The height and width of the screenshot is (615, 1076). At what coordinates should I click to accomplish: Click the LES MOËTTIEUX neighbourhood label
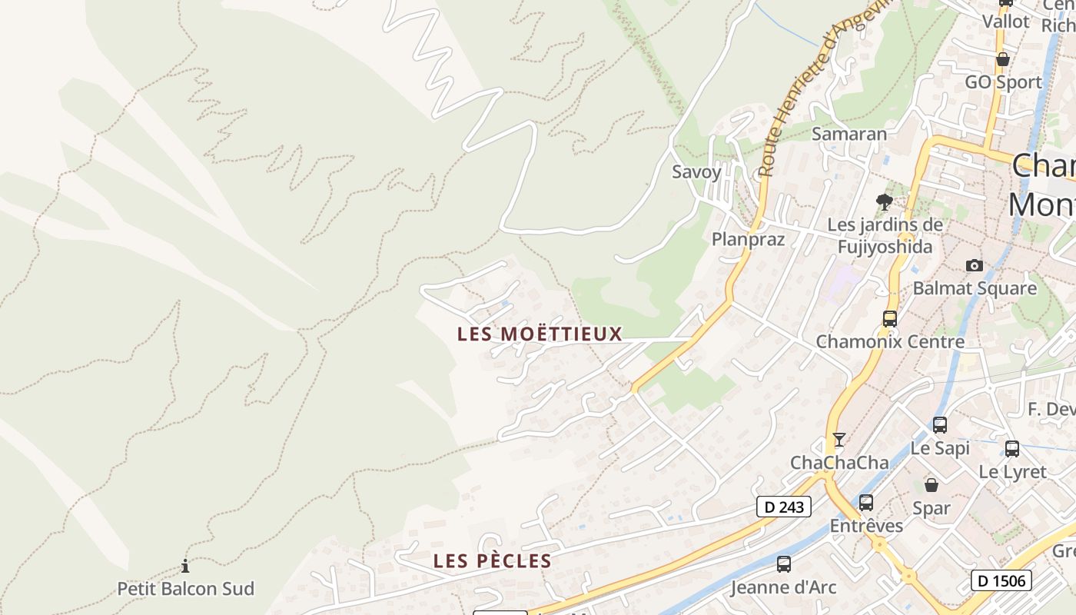[540, 334]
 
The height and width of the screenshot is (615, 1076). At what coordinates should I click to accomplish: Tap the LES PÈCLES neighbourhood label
[493, 561]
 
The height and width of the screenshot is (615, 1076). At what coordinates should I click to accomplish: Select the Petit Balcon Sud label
[185, 589]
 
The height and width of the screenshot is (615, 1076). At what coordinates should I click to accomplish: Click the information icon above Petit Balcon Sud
[185, 567]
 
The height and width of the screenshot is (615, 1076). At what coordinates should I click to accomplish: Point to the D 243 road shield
[784, 507]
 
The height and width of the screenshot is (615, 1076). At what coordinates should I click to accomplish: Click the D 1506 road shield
[1001, 580]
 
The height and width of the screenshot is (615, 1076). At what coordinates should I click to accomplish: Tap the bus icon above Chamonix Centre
[890, 318]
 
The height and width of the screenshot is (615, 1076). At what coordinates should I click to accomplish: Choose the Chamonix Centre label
[890, 341]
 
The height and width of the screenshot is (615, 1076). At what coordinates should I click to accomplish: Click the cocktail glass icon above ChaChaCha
[839, 440]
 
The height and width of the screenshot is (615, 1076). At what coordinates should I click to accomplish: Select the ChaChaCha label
[839, 463]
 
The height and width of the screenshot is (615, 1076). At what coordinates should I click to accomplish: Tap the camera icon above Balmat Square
[975, 266]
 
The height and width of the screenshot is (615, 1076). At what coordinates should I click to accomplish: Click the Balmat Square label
[975, 289]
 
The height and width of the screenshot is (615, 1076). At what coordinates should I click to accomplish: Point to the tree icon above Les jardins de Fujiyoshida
[885, 202]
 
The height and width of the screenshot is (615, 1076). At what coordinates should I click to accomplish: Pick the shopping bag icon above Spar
[932, 485]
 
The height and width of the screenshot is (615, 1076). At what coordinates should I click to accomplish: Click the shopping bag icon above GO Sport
[1003, 59]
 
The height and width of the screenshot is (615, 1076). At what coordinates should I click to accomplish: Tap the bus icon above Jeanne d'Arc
[784, 564]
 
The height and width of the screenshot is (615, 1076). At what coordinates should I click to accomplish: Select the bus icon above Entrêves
[866, 503]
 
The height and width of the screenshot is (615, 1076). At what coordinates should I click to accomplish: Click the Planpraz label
[748, 239]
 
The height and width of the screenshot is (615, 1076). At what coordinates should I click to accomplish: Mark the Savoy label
[696, 171]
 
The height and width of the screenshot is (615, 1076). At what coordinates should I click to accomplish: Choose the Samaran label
[849, 134]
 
